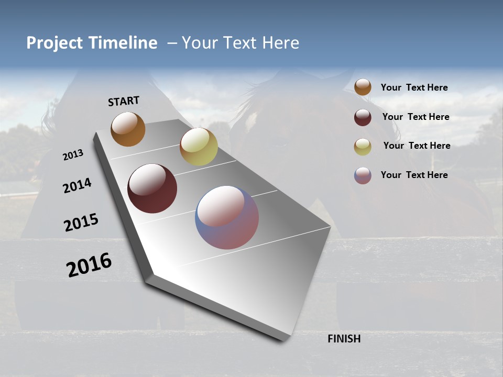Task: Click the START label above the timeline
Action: coord(124,101)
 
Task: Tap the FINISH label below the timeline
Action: coord(344,339)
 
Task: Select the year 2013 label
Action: coord(73,155)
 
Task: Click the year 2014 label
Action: coord(77,186)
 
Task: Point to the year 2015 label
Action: coord(81,223)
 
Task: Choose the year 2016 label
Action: coord(89,265)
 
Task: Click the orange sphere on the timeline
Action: coord(128,129)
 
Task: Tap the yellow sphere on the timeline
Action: coord(199,147)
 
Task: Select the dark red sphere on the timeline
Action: coord(152,188)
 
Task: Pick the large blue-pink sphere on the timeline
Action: coord(227,217)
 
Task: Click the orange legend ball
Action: coord(363,87)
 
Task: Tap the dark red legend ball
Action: coord(363,117)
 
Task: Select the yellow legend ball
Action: coord(363,147)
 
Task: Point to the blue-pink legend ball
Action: coord(363,175)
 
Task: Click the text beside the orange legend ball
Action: coord(414,87)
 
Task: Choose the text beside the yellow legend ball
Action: coord(417,146)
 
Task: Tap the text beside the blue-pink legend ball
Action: coord(414,175)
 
